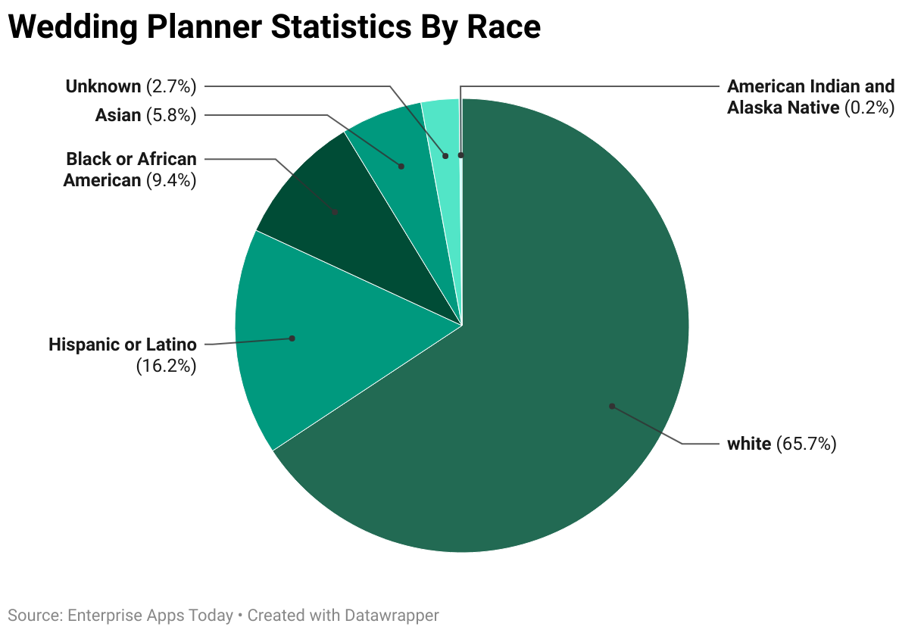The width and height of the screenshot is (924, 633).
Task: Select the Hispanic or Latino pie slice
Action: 303,341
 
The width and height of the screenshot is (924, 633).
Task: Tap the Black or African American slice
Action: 333,204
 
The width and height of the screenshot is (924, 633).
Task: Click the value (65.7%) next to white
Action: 806,444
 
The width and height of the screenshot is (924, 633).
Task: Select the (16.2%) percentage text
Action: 166,366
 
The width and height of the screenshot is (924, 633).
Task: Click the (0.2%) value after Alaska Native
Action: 869,108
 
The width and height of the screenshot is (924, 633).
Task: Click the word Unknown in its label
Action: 103,86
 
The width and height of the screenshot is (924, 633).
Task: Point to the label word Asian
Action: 118,115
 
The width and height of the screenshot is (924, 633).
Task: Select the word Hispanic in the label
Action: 78,345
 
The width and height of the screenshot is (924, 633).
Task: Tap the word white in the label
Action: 748,444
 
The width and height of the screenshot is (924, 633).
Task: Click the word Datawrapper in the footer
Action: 391,616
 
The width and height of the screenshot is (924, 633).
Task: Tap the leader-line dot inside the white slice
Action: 611,406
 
